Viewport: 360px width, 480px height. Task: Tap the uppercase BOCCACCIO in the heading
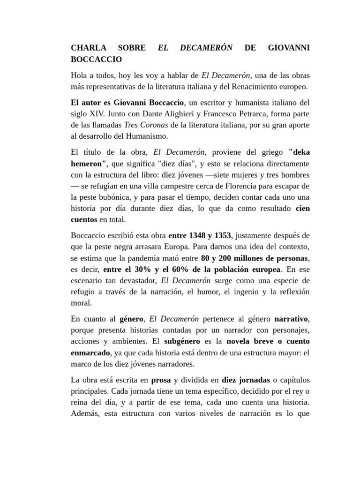click(96, 60)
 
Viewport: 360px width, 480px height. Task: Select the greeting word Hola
click(80, 75)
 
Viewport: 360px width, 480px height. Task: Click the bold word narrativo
click(292, 319)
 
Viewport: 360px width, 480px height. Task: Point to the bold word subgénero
click(182, 342)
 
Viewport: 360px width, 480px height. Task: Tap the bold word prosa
click(161, 380)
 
